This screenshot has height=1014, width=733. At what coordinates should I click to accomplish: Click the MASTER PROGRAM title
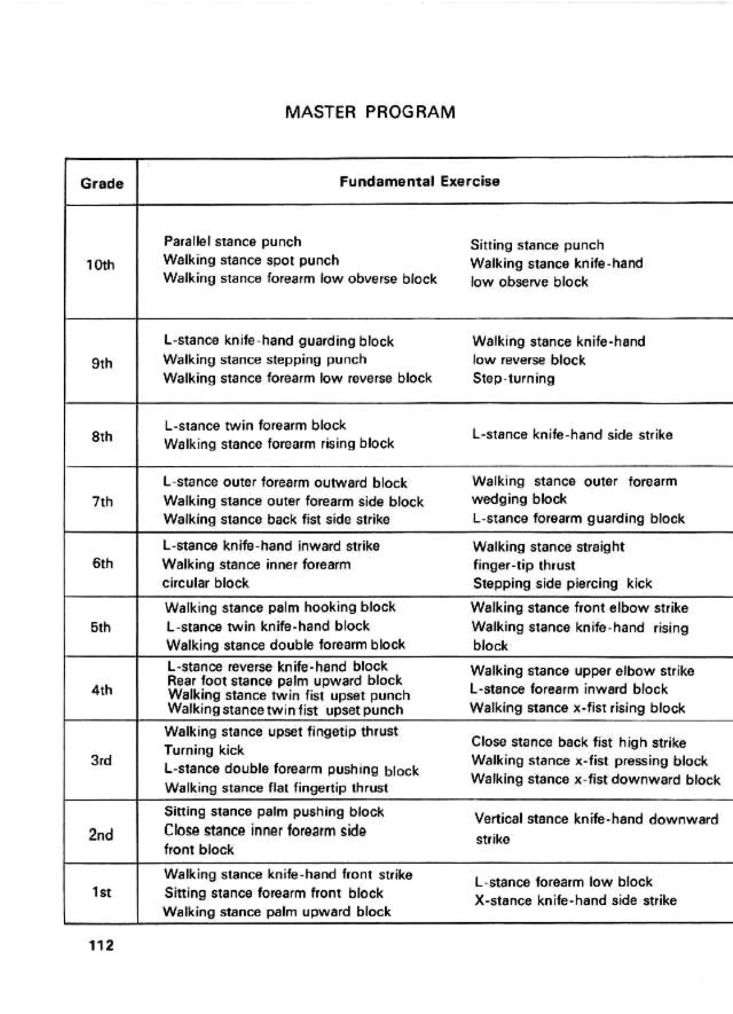[x=370, y=112]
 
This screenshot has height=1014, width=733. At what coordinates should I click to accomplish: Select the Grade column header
[x=102, y=183]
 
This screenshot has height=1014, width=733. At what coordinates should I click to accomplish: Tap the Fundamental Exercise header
[x=419, y=181]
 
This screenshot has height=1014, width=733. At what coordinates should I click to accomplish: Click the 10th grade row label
[x=100, y=265]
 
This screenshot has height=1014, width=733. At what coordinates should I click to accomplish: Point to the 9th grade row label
[x=102, y=364]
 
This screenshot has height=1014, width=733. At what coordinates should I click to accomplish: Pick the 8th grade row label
[x=102, y=436]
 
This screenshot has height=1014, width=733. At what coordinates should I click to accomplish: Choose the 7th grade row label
[x=102, y=502]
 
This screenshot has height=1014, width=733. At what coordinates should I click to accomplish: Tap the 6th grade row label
[x=102, y=563]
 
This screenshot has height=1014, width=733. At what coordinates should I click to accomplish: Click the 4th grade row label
[x=102, y=690]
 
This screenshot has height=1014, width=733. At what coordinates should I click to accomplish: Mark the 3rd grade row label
[x=102, y=761]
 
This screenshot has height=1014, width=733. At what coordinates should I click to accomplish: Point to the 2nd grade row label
[x=101, y=835]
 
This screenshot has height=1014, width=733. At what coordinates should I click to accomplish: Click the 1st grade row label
[x=102, y=892]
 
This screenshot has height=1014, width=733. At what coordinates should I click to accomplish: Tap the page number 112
[x=101, y=945]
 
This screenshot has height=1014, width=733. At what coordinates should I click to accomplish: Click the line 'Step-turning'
[x=514, y=379]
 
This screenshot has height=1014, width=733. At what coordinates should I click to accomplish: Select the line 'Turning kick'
[x=204, y=751]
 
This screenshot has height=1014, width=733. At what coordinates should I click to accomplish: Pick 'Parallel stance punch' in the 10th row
[x=233, y=242]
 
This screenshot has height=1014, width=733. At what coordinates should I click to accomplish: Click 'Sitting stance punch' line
[x=537, y=246]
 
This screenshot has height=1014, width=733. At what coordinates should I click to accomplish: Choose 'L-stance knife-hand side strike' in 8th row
[x=572, y=435]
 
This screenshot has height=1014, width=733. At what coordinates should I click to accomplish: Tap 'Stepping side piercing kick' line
[x=562, y=584]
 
